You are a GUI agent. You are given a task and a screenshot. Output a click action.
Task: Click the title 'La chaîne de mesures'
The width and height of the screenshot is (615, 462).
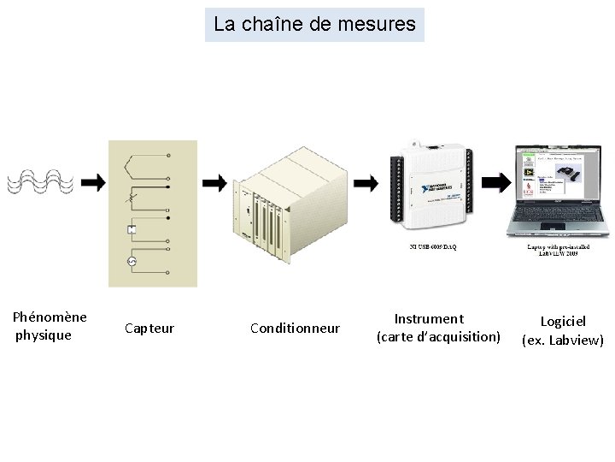[314, 25]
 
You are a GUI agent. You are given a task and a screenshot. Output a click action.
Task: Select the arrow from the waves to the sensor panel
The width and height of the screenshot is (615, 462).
[95, 182]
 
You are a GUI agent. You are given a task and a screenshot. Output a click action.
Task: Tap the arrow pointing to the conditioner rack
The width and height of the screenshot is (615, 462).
[214, 182]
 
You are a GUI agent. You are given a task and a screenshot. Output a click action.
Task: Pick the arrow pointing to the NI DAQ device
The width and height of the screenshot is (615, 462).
[366, 183]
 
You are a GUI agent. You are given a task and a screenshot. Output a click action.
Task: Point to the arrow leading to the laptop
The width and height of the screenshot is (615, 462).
[494, 182]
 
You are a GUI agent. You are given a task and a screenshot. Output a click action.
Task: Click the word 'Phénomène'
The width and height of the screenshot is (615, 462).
[50, 317]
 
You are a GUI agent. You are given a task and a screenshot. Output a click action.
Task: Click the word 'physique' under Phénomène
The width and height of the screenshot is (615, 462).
[44, 335]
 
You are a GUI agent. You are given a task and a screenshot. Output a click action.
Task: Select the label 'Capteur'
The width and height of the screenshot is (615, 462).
[149, 329]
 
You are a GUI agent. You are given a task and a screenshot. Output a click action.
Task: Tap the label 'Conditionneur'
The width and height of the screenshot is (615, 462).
[295, 329]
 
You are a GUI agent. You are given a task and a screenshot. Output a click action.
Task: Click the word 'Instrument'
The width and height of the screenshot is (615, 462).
[429, 319]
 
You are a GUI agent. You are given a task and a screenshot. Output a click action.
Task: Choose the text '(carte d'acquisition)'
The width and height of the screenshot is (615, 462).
[438, 337]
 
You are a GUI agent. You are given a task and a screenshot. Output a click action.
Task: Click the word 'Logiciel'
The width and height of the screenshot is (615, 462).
[563, 322]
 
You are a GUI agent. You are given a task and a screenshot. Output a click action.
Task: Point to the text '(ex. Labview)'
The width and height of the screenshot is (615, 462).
[563, 341]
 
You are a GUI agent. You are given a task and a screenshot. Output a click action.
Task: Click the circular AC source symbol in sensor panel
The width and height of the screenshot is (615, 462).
[132, 260]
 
